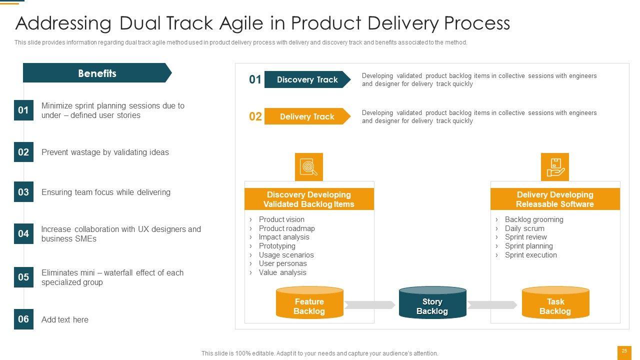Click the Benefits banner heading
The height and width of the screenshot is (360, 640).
click(x=97, y=73)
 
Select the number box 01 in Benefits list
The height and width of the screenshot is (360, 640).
click(x=23, y=110)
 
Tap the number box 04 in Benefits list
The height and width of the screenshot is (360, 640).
click(x=23, y=233)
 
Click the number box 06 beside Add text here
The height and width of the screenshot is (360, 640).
click(x=23, y=319)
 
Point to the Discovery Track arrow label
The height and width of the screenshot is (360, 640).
click(x=307, y=79)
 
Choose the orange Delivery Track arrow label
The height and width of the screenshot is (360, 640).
click(x=307, y=116)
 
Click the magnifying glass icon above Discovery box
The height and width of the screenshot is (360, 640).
click(x=308, y=167)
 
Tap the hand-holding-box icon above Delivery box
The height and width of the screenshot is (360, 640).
click(x=554, y=167)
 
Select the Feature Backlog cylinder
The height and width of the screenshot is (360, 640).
click(x=309, y=303)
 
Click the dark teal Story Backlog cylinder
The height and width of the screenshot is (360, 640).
click(x=432, y=303)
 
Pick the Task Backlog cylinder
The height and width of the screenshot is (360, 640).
click(x=555, y=303)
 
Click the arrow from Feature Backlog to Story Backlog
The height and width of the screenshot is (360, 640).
click(x=370, y=305)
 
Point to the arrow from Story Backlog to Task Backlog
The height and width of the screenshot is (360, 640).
click(x=492, y=305)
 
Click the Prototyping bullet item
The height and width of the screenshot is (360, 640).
click(x=277, y=246)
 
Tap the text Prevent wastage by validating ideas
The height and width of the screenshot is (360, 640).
click(x=105, y=152)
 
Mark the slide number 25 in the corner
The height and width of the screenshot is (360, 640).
click(x=624, y=351)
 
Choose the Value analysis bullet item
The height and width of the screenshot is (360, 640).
click(x=282, y=272)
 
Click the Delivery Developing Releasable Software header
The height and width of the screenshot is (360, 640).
click(x=555, y=199)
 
